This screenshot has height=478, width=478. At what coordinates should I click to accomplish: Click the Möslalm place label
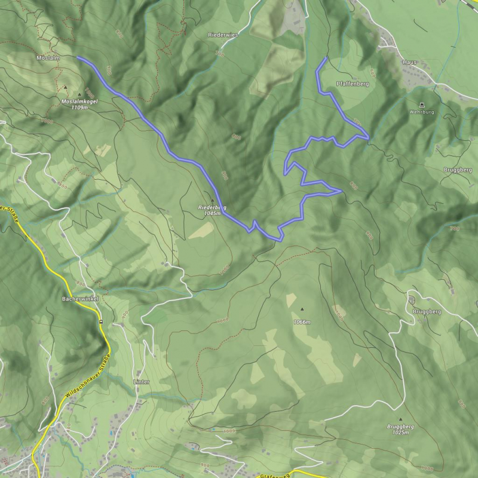coord(47,58)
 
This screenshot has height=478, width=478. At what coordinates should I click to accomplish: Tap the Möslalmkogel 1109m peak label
coord(79,105)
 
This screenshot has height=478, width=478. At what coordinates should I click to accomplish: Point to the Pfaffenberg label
coord(353,84)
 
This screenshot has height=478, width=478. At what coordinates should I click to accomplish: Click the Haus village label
coord(409,62)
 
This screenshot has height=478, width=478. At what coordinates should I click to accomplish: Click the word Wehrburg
coord(421,112)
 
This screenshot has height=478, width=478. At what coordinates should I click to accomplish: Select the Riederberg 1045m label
coord(212,210)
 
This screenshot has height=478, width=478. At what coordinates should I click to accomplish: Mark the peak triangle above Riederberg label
coord(212,200)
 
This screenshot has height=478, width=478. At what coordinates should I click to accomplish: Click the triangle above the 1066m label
coord(302,309)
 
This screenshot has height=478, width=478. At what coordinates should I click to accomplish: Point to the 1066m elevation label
coord(302,321)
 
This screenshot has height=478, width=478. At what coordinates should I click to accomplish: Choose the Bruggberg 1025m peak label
coord(400,430)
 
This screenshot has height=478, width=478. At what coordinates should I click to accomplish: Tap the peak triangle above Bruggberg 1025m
coord(400,419)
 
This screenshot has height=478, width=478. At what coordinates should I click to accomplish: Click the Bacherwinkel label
coord(79,298)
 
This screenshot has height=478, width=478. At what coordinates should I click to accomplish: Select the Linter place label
coord(141,381)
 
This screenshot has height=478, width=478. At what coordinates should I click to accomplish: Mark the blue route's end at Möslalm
coord(78,57)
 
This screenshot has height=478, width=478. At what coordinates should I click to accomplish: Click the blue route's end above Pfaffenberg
coord(326,58)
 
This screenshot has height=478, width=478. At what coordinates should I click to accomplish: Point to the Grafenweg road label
coord(275,476)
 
